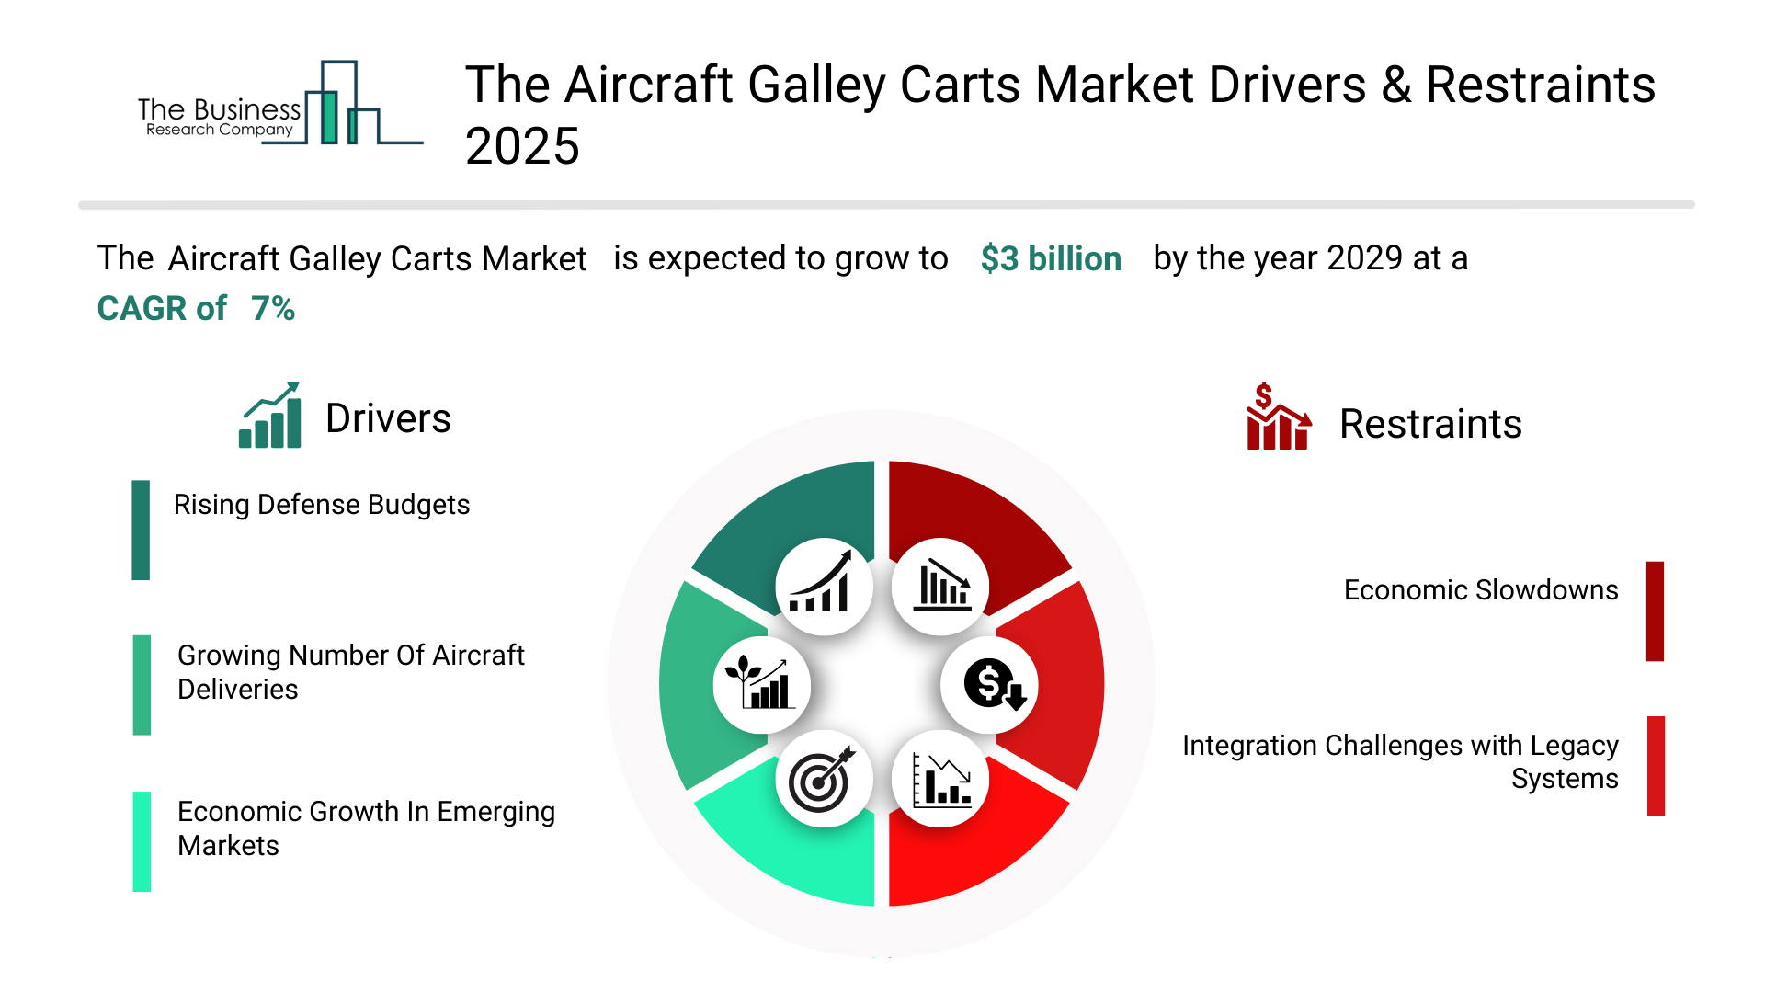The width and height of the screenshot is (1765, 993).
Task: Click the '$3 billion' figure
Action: tap(1051, 258)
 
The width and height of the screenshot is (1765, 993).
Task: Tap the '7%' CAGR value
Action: tap(273, 308)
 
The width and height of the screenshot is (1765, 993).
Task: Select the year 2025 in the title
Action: tap(522, 146)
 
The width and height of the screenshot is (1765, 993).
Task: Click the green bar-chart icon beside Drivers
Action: tap(270, 417)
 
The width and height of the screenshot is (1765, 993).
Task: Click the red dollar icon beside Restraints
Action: tap(1277, 418)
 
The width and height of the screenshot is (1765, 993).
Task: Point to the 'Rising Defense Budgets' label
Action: tap(322, 505)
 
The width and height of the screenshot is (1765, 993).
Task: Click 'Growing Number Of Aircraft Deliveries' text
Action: tap(350, 672)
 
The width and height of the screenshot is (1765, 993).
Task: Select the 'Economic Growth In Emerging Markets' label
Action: tap(366, 828)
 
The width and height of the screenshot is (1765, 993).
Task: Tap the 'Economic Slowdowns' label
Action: tap(1480, 590)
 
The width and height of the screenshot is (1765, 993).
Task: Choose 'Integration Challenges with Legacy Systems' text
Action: tap(1399, 761)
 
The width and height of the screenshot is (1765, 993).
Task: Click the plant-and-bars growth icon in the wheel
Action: tap(760, 684)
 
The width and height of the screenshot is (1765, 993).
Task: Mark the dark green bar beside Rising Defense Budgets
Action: tap(141, 530)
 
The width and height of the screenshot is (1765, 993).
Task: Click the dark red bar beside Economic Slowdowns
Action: tap(1655, 611)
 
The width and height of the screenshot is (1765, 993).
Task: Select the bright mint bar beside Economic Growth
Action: tap(142, 841)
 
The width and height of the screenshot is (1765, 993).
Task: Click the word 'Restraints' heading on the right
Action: tap(1430, 424)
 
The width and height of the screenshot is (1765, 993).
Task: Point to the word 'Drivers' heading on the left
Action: tap(388, 418)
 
